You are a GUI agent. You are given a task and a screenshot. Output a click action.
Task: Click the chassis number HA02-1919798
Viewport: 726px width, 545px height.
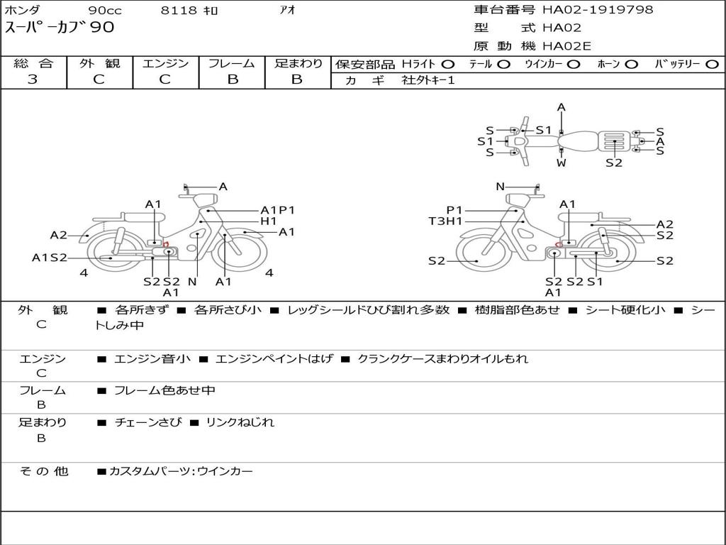tap(598, 10)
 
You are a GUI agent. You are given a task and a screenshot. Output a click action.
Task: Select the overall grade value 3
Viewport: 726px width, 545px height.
tap(33, 79)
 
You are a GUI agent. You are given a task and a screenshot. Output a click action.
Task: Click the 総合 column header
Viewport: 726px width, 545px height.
tap(33, 63)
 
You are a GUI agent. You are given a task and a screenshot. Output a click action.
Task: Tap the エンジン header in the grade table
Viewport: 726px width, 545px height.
tap(165, 63)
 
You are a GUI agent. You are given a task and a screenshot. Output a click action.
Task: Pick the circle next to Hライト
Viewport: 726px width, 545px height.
tap(448, 64)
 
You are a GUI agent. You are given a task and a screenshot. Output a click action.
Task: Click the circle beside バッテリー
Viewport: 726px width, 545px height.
tap(712, 64)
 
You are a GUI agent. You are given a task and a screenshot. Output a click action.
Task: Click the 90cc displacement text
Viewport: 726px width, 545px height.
tap(104, 11)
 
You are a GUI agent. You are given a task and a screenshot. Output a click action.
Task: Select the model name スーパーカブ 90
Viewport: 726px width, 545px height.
tap(60, 28)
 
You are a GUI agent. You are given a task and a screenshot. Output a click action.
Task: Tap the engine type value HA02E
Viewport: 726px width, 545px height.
tap(566, 47)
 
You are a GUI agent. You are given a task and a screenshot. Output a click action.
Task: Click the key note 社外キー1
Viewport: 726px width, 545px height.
tap(428, 80)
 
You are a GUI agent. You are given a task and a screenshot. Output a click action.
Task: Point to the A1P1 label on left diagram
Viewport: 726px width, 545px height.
tap(277, 210)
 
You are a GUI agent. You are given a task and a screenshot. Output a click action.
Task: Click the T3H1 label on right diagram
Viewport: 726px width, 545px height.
tap(445, 221)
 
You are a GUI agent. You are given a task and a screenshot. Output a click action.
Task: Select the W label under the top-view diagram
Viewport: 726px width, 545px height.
tap(562, 163)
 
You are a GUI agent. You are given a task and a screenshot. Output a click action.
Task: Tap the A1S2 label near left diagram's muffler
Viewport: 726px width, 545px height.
tap(49, 258)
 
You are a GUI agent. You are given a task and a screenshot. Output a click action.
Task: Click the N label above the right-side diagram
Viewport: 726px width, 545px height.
tap(500, 187)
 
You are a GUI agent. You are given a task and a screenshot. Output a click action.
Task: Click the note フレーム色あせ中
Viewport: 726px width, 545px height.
tap(164, 390)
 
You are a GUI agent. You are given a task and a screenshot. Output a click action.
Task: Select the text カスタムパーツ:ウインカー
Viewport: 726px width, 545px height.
tap(181, 470)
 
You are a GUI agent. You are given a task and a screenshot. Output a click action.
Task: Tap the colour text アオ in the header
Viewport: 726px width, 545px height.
tap(287, 10)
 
